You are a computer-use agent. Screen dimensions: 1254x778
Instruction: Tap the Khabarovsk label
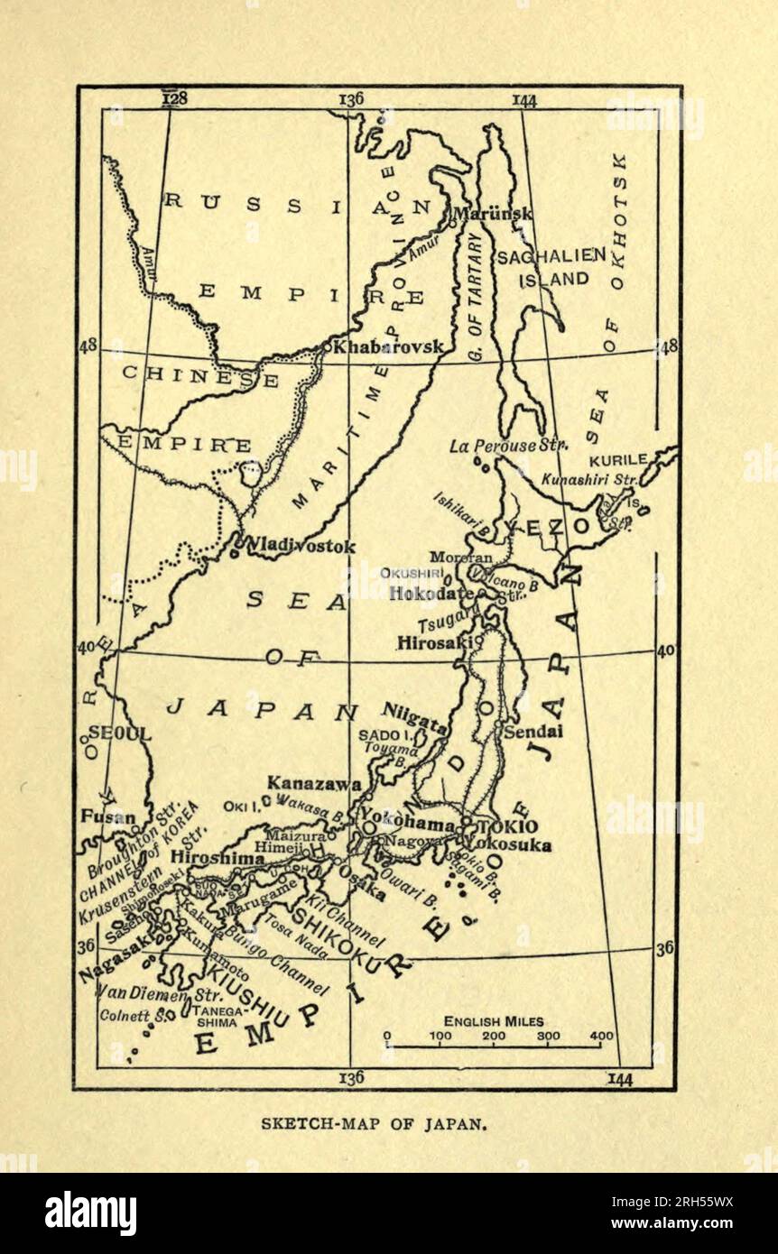389,346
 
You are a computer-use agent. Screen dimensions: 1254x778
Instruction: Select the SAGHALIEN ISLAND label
549,267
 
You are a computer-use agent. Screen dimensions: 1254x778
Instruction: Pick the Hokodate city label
431,594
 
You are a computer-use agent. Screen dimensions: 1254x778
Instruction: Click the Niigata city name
415,715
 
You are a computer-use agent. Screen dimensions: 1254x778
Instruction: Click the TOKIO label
512,826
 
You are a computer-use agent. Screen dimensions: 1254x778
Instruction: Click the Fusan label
107,818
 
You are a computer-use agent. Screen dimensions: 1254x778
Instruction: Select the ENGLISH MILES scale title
494,1021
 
